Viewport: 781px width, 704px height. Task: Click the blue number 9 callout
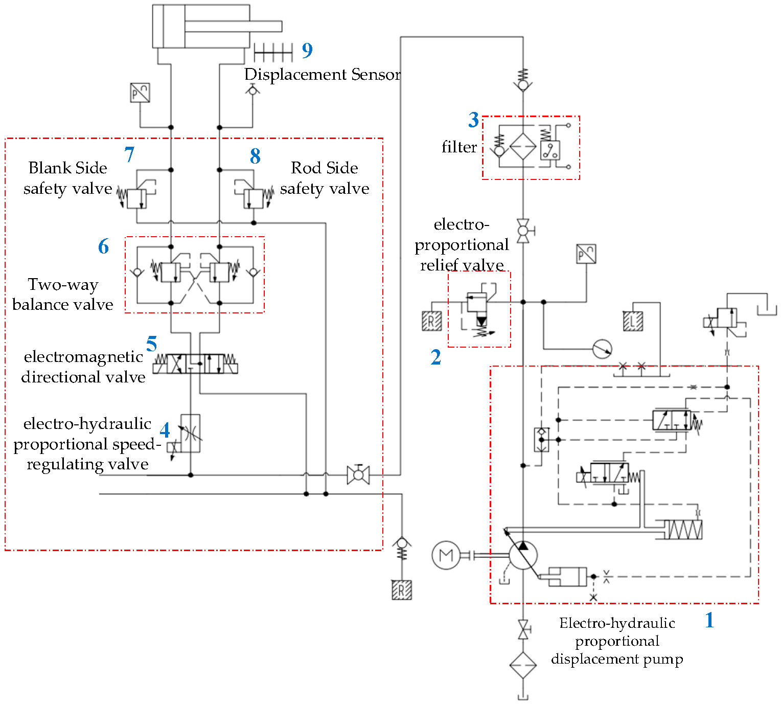[307, 50]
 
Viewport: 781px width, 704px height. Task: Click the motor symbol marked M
[446, 555]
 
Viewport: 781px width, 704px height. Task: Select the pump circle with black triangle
[523, 555]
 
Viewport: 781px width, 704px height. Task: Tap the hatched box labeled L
[633, 322]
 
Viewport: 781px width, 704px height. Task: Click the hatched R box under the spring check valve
[402, 590]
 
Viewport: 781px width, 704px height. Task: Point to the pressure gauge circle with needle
[602, 349]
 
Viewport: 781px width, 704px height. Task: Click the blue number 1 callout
[709, 620]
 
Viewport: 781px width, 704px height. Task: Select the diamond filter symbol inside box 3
[523, 147]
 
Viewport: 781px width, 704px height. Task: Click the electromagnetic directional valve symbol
[195, 364]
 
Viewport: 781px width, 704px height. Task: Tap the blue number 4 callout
[165, 430]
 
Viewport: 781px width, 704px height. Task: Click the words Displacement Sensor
[322, 75]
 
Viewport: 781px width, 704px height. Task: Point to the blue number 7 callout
[129, 154]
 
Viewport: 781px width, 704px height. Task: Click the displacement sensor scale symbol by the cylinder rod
[273, 52]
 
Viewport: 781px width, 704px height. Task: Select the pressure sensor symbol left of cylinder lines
[140, 93]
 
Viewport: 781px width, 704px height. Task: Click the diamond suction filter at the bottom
[523, 665]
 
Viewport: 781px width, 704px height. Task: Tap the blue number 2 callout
[435, 357]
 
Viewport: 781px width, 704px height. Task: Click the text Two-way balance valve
[63, 294]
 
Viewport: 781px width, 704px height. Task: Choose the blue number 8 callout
[255, 156]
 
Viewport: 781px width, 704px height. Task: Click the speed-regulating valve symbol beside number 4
[190, 434]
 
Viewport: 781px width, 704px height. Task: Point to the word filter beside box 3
[459, 147]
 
